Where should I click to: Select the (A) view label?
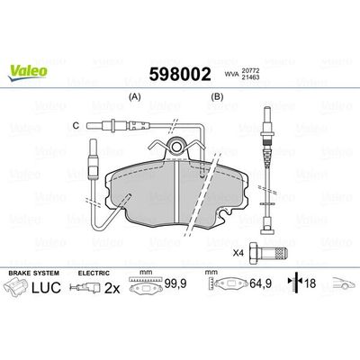137,96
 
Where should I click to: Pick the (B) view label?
217,96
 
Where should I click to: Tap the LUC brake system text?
51,289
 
